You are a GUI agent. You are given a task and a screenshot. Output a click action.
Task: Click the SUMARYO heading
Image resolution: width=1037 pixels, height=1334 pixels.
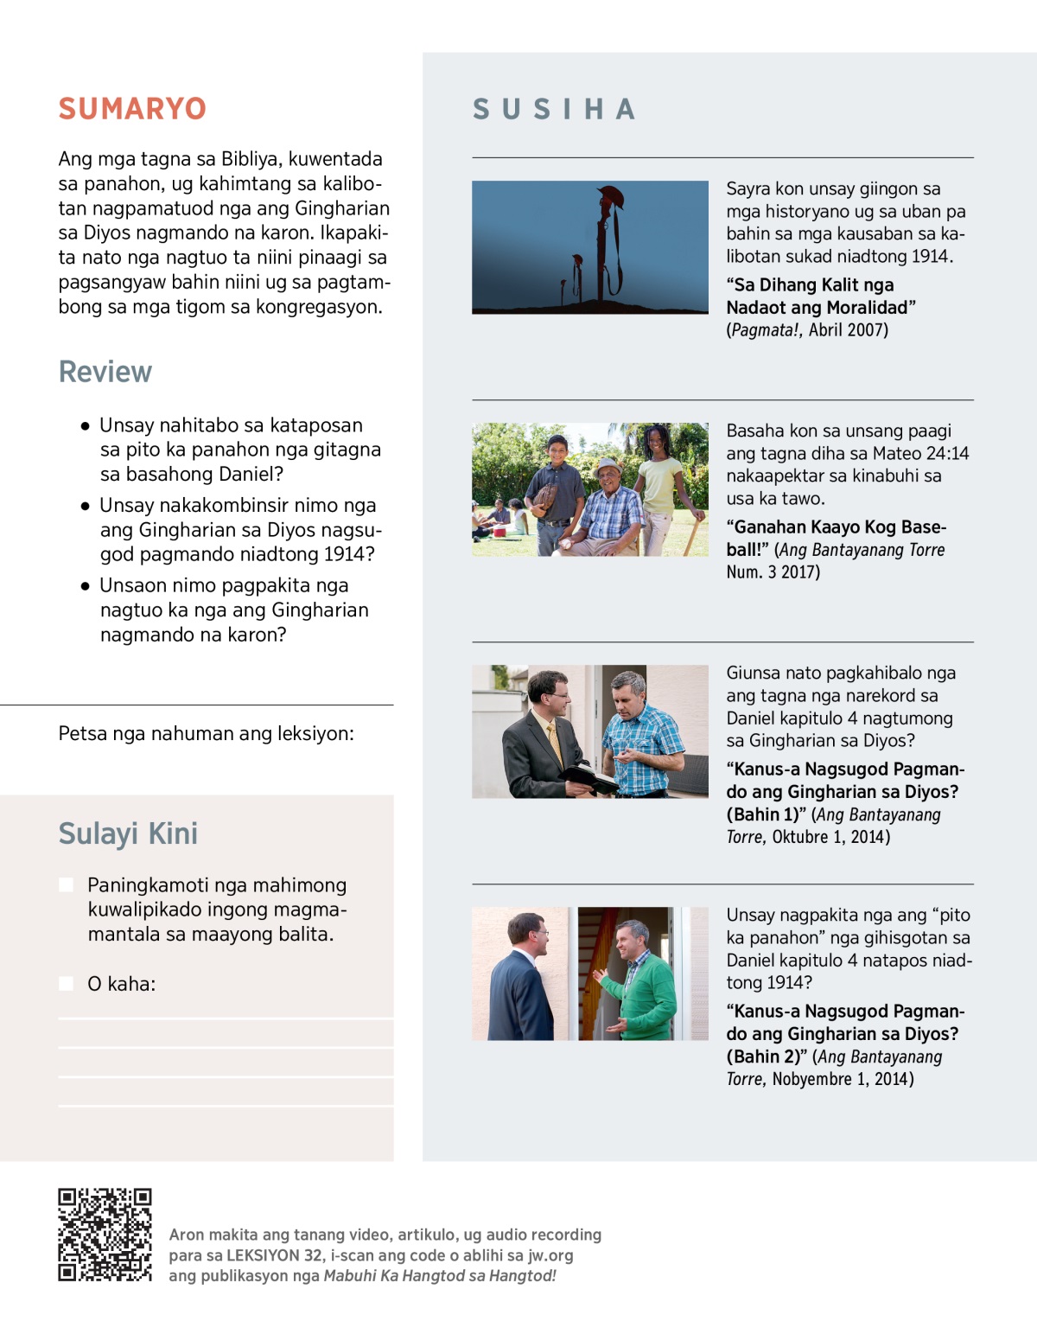click(x=132, y=109)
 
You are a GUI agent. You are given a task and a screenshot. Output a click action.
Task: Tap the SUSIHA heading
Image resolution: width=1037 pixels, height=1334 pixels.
click(x=554, y=109)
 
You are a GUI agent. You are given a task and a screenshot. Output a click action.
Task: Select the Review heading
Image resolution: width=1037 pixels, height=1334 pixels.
click(x=105, y=372)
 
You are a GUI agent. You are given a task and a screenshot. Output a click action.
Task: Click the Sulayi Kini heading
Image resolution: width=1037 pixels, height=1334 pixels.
click(x=128, y=833)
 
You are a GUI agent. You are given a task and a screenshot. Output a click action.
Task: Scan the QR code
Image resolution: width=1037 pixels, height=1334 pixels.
click(x=105, y=1234)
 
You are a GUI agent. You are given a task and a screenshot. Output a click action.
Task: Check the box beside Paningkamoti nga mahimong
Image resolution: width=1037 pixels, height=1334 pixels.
click(x=66, y=884)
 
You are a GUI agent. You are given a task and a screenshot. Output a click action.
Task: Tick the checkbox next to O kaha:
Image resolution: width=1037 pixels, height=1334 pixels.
click(x=66, y=983)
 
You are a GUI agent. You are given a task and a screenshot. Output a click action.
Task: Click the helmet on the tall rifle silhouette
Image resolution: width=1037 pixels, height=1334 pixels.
click(x=610, y=195)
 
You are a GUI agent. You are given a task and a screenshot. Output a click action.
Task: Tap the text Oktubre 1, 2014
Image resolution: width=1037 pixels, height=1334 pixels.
click(x=830, y=837)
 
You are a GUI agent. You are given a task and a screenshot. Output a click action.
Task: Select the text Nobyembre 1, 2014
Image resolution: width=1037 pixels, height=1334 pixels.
click(x=843, y=1079)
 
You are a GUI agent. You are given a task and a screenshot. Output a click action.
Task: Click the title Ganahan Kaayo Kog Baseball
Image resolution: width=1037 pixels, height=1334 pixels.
click(x=836, y=538)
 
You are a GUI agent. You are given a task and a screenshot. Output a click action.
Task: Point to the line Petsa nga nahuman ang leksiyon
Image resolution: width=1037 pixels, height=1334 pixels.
click(x=206, y=733)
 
